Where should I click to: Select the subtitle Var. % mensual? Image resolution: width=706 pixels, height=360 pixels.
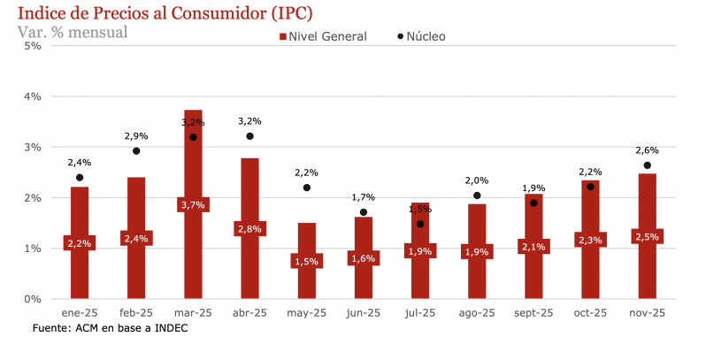coord(73,32)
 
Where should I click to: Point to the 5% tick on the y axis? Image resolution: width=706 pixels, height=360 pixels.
coord(32,45)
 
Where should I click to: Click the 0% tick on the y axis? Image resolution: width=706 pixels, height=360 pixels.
coord(32,299)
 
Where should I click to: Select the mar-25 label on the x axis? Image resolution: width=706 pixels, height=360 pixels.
coord(193,313)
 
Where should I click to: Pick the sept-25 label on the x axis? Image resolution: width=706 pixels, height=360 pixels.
coord(533,313)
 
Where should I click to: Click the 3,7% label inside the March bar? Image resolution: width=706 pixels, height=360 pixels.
coord(193,204)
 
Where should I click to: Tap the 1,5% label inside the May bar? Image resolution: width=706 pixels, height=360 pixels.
coord(306,261)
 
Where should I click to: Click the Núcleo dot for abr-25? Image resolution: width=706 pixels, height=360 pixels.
coord(249,136)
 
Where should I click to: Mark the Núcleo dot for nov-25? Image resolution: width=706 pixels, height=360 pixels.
coord(647,165)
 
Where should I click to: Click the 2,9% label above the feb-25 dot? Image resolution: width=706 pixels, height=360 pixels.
coord(136,136)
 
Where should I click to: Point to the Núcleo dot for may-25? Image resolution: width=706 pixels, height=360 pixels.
coord(306,188)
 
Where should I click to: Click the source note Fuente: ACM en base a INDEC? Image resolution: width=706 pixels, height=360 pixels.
coord(110,328)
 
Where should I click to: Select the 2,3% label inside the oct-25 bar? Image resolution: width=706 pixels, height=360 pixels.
coord(590,240)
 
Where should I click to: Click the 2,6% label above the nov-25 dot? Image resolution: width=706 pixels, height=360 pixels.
coord(647,150)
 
